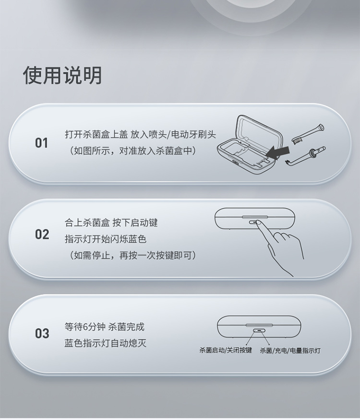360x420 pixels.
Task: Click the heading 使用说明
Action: coord(62,75)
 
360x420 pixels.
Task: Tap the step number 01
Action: coord(42,143)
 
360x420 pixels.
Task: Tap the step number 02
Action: coord(42,234)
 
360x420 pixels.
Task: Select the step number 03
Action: coord(42,334)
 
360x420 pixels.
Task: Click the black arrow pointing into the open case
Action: coord(278,152)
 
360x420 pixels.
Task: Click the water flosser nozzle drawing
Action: coord(305,156)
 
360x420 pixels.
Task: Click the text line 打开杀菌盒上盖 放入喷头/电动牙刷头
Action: coord(140,134)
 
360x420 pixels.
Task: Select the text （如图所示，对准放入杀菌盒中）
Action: coord(132,151)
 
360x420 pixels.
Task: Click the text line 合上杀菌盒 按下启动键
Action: coord(111,222)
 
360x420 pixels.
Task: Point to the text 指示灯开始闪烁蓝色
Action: coord(106,239)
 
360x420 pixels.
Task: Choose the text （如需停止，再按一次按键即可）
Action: coord(132,255)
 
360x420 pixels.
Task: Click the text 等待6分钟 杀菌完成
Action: coord(104,327)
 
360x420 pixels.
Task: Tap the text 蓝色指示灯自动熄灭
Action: coord(106,343)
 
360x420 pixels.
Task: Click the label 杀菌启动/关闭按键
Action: coord(226,350)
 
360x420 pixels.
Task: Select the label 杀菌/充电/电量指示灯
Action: coord(290,350)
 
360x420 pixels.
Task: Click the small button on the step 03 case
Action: coord(259,330)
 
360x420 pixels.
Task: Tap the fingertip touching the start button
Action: coord(259,222)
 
